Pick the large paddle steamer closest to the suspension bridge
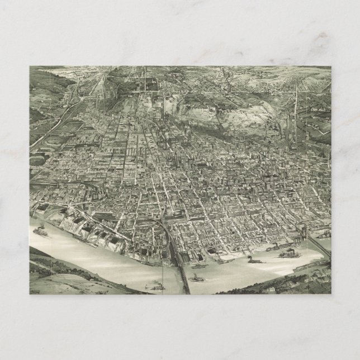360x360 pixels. coord(288,251)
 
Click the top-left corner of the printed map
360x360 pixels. coord(30,67)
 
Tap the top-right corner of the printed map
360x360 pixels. coord(331,67)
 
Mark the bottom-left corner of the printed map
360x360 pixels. coord(30,294)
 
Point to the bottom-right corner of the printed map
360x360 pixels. coord(331,294)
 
